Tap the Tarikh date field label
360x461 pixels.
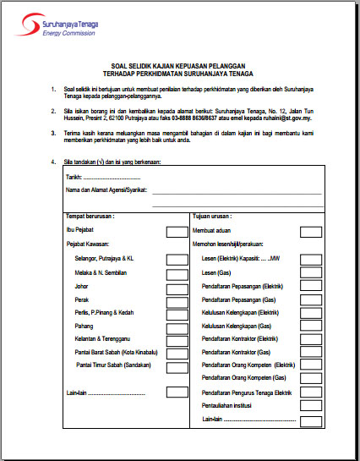click(x=74, y=178)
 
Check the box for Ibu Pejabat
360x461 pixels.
click(x=177, y=231)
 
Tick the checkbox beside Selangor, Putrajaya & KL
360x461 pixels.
click(x=177, y=258)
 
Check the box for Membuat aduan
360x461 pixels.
click(x=311, y=231)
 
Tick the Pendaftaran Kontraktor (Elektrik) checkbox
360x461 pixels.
click(x=311, y=338)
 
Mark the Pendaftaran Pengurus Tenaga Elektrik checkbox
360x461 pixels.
click(x=311, y=393)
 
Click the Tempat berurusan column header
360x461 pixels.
click(x=90, y=216)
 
